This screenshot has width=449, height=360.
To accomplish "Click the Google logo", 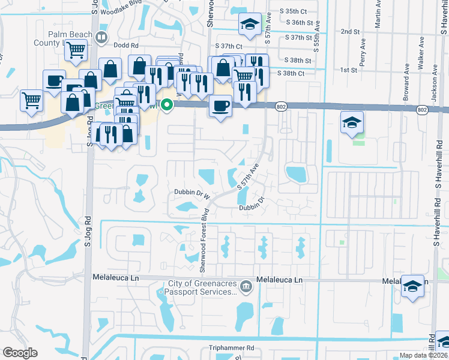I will (20, 353).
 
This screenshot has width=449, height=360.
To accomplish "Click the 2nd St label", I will (349, 31).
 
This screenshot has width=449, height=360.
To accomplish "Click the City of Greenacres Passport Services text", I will (201, 288).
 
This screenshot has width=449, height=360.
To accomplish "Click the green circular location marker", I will (169, 106).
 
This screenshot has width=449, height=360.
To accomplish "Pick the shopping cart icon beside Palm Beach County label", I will (76, 53).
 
